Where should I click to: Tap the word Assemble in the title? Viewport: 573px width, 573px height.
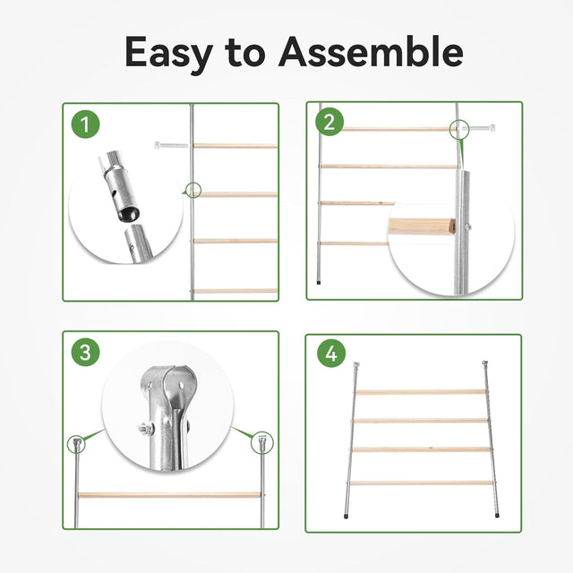(x=371, y=52)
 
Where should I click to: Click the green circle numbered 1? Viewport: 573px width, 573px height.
(x=86, y=124)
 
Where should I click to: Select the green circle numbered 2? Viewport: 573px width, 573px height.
(x=329, y=122)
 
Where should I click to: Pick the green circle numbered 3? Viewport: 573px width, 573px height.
(x=86, y=352)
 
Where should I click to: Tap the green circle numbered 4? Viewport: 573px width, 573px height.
(x=331, y=354)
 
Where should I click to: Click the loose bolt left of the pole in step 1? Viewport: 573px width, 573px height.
(x=171, y=145)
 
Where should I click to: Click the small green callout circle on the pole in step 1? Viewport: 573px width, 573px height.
(x=193, y=190)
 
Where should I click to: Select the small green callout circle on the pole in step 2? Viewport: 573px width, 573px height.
(x=459, y=129)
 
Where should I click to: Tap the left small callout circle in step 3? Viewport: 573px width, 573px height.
(x=76, y=444)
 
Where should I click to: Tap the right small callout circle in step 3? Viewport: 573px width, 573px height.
(x=262, y=443)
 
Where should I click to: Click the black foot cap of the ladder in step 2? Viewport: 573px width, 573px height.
(x=319, y=282)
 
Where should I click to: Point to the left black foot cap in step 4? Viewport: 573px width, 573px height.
(x=346, y=517)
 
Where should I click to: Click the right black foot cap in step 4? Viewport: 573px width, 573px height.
(x=498, y=516)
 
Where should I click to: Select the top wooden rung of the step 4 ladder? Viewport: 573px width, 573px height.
(x=421, y=392)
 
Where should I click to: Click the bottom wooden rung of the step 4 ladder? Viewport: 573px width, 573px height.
(x=422, y=483)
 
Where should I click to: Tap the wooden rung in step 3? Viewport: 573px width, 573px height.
(x=169, y=495)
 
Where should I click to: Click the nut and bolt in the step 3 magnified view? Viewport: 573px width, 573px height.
(x=146, y=428)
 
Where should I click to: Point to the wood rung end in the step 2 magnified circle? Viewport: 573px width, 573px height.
(x=422, y=227)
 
